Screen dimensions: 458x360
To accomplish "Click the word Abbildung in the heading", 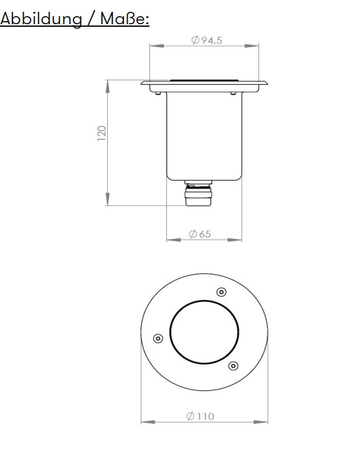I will point(41,19).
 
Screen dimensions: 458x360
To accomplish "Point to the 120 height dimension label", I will point(102,133).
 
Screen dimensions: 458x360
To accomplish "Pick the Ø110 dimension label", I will point(201,416).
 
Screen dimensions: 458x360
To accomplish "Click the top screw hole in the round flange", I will point(220,292).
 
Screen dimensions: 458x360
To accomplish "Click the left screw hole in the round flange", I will point(158,339).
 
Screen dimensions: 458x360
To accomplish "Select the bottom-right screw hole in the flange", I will point(233,365).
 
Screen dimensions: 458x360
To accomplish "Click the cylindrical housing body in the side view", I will point(204,137).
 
